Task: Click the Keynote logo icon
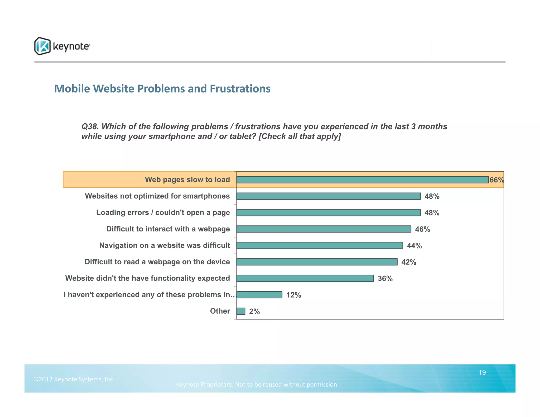tap(42, 46)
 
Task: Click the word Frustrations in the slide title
tap(240, 89)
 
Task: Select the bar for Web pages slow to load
tap(362, 180)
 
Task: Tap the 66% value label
tap(496, 180)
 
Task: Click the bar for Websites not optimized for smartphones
tap(328, 196)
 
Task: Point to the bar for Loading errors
tap(328, 212)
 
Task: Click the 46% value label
tap(422, 229)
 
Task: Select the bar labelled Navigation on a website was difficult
tap(320, 245)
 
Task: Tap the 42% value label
tap(409, 262)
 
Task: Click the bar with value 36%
tap(305, 278)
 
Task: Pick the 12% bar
tap(259, 295)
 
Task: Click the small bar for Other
tap(241, 311)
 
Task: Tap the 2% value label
tap(254, 312)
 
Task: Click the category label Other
tap(220, 311)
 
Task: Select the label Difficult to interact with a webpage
tap(168, 229)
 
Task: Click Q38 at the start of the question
tap(90, 127)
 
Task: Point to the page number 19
tap(482, 372)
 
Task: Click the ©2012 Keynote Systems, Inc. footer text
tap(74, 379)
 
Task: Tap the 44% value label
tap(414, 246)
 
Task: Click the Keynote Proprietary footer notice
tap(257, 385)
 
